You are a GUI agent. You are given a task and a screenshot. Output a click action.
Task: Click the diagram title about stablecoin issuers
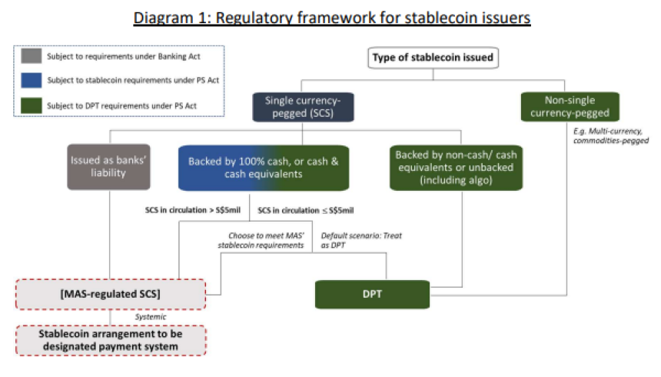332,18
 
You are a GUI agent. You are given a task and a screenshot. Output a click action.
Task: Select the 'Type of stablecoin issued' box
433,58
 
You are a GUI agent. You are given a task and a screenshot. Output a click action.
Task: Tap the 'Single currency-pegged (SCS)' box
303,107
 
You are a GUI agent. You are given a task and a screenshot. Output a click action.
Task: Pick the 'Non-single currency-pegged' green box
570,106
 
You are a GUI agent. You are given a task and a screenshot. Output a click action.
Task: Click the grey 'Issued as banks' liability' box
108,166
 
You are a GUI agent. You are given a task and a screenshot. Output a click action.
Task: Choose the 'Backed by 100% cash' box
264,168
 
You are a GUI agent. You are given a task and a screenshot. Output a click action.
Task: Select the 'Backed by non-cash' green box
456,168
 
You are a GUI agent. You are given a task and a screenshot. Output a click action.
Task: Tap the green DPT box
372,294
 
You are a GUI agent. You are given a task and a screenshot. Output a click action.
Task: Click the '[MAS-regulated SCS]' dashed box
111,294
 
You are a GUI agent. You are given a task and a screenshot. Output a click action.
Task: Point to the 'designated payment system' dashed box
111,340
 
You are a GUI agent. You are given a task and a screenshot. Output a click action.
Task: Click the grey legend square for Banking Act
32,56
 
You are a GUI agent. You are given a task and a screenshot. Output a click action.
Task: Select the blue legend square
32,80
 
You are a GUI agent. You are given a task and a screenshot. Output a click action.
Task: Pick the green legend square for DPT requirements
32,105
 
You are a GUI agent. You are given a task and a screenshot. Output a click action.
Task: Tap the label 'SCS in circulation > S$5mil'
193,210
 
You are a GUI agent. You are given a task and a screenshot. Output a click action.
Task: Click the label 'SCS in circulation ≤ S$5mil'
306,210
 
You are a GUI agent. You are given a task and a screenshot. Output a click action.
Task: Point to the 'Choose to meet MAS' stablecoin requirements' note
261,240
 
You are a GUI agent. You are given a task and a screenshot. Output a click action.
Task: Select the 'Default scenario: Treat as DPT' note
361,240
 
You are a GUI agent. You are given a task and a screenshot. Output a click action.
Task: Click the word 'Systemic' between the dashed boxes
151,317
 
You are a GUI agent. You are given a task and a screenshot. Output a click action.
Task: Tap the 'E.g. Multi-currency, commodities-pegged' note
611,136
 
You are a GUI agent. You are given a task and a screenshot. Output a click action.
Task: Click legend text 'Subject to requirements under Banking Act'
124,56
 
